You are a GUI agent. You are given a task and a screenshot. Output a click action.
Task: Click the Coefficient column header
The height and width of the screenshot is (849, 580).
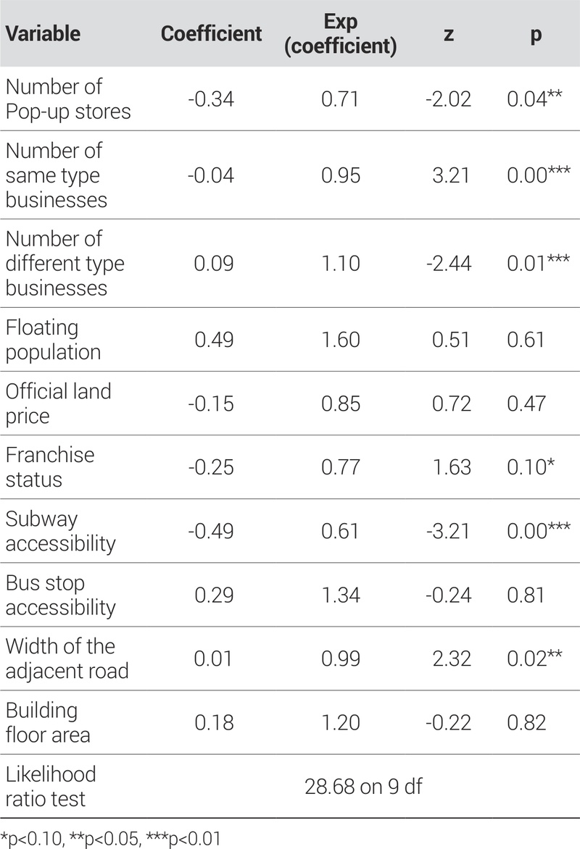tap(211, 34)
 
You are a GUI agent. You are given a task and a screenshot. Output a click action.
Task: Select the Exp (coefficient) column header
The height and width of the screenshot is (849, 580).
tap(340, 34)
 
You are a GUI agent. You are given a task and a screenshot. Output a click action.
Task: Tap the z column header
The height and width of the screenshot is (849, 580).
tap(449, 34)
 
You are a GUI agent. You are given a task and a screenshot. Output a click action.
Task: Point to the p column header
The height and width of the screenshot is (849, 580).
tap(536, 34)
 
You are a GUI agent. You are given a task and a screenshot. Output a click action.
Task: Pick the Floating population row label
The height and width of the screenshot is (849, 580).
tap(53, 339)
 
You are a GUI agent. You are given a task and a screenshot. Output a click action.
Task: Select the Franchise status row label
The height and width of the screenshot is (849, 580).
tap(50, 467)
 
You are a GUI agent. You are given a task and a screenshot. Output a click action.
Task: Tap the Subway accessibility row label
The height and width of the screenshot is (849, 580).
tap(60, 530)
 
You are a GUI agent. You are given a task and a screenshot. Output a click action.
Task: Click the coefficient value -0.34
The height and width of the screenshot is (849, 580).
tap(211, 99)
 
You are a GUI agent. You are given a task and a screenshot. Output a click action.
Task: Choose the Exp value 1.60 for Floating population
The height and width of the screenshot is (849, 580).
tap(340, 339)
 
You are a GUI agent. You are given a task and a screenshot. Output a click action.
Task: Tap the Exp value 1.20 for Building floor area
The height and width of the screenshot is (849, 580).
tap(340, 722)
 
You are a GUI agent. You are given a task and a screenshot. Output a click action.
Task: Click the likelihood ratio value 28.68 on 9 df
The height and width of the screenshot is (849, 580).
tap(363, 786)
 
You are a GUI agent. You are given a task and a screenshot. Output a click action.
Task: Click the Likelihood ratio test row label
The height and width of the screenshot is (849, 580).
tap(51, 786)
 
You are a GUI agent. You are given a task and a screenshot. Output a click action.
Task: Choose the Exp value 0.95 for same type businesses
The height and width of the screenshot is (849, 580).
tap(340, 175)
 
